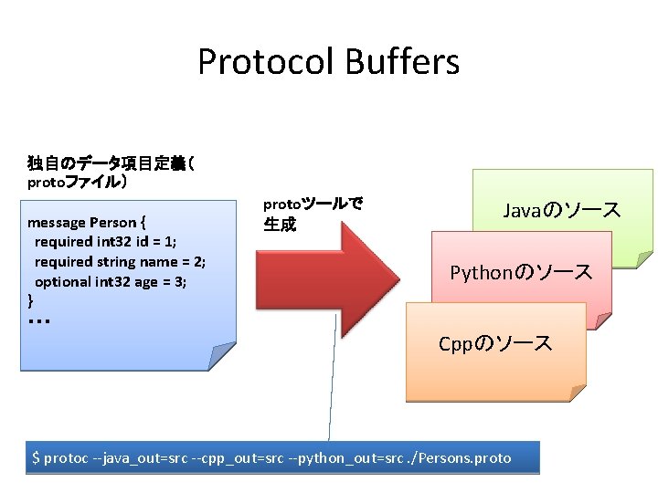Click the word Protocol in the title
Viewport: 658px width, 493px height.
click(266, 63)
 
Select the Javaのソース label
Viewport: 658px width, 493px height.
click(562, 211)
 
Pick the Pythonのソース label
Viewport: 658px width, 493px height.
click(521, 272)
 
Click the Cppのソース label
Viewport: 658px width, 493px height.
click(495, 343)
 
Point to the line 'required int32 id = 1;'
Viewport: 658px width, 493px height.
click(105, 242)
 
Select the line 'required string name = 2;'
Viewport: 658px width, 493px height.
click(120, 262)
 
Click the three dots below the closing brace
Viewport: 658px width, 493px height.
click(38, 322)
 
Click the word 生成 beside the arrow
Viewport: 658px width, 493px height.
click(280, 225)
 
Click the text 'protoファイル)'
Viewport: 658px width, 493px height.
click(77, 182)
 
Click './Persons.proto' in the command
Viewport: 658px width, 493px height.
click(462, 457)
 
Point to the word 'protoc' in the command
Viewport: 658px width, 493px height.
click(66, 457)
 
